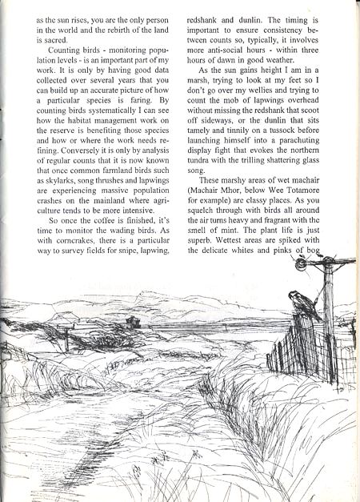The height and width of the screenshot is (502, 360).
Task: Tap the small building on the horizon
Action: (x=132, y=322)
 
